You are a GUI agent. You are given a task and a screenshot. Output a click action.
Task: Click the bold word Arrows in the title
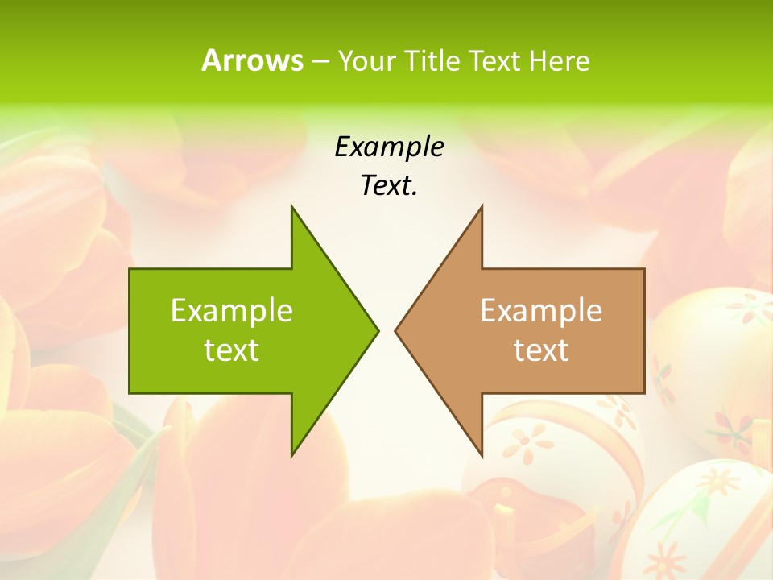[252, 60]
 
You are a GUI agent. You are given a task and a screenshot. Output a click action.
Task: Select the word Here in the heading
[559, 60]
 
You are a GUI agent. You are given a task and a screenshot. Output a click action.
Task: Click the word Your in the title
[365, 60]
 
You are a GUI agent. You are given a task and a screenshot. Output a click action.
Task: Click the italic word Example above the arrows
[390, 147]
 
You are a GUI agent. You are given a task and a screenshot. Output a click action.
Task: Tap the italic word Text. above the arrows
[390, 185]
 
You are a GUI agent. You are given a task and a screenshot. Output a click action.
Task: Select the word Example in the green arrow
[232, 310]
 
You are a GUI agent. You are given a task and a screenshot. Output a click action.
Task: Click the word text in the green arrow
[232, 350]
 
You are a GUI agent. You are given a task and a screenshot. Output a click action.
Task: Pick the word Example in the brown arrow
[541, 310]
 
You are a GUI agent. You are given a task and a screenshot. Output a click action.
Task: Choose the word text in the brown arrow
[541, 350]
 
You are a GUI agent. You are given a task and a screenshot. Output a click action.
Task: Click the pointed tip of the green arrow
[377, 330]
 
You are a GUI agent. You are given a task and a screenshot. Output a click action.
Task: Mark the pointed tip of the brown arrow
[396, 330]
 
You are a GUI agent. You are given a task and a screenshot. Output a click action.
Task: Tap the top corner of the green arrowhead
[292, 207]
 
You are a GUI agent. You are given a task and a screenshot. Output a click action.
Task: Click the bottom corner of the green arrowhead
[292, 454]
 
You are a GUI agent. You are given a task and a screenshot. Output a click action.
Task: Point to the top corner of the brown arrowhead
[481, 207]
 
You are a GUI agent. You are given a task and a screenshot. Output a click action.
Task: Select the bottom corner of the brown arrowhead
[481, 454]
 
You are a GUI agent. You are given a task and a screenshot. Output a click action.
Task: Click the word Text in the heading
[494, 60]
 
